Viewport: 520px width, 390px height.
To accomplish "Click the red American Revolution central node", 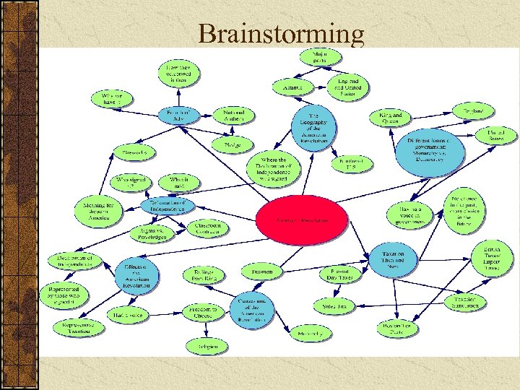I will click(303, 219).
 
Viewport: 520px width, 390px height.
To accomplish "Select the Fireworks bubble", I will click(134, 152).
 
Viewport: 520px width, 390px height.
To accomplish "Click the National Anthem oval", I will click(234, 116).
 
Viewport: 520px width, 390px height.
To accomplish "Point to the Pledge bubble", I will click(233, 144).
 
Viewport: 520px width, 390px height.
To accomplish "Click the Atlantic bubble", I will click(292, 87).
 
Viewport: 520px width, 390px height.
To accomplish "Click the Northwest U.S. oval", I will click(352, 163).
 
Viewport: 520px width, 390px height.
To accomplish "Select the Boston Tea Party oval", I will click(396, 329).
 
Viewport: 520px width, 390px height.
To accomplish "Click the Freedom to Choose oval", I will click(203, 311).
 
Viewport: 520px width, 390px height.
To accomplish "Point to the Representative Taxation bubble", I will click(74, 326).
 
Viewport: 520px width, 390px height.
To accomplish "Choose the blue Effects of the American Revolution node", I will click(136, 274).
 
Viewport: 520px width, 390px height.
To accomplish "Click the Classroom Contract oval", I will click(209, 227).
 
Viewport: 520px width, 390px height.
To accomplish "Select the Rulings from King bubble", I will click(204, 275).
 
